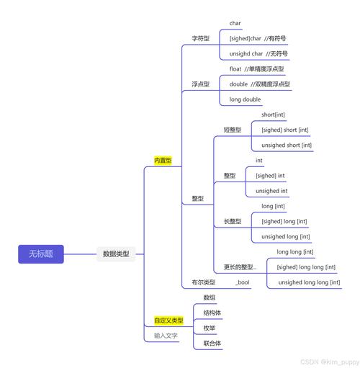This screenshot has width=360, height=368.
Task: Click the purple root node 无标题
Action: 40,253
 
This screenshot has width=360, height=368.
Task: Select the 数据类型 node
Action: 115,253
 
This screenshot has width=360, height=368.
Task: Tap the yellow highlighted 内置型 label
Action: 163,161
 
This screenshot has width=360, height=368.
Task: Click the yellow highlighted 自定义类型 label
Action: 168,320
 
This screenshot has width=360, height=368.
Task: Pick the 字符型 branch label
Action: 200,38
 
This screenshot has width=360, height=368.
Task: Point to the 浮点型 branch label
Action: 200,84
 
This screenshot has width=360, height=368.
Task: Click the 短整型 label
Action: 233,130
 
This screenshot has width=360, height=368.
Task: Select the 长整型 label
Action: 233,221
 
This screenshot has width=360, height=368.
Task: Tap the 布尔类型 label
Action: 203,282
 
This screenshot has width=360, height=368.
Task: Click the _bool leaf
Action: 243,282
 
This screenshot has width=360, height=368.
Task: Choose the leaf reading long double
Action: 246,99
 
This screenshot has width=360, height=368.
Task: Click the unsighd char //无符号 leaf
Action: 260,53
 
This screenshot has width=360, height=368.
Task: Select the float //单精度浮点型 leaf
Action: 256,69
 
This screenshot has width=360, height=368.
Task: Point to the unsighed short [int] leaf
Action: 286,145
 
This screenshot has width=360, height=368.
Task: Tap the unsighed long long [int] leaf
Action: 308,282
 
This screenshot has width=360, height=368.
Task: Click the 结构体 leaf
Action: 212,313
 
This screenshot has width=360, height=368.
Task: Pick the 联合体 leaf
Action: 212,343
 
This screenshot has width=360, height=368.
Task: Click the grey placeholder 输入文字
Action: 166,336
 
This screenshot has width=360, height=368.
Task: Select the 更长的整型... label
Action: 240,267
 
